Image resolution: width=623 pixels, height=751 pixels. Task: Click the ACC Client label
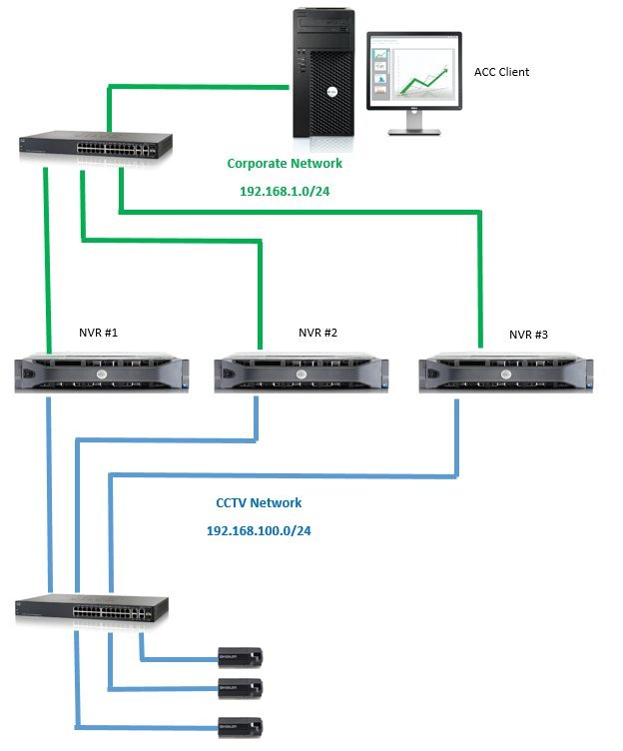click(501, 72)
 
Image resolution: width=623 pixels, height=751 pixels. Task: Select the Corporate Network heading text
click(285, 163)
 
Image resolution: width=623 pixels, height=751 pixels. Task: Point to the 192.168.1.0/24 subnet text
click(285, 189)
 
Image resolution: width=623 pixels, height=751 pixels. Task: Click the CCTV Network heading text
click(259, 503)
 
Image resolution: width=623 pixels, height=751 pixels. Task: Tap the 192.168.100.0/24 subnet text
click(259, 530)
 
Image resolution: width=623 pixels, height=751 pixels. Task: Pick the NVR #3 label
click(529, 335)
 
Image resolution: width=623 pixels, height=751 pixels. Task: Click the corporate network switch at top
click(96, 146)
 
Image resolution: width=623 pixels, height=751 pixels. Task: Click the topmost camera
click(242, 656)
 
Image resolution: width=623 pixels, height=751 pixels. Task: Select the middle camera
click(242, 687)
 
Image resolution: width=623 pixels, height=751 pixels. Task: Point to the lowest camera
click(242, 726)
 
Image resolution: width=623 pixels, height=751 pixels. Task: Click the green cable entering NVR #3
click(480, 280)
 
